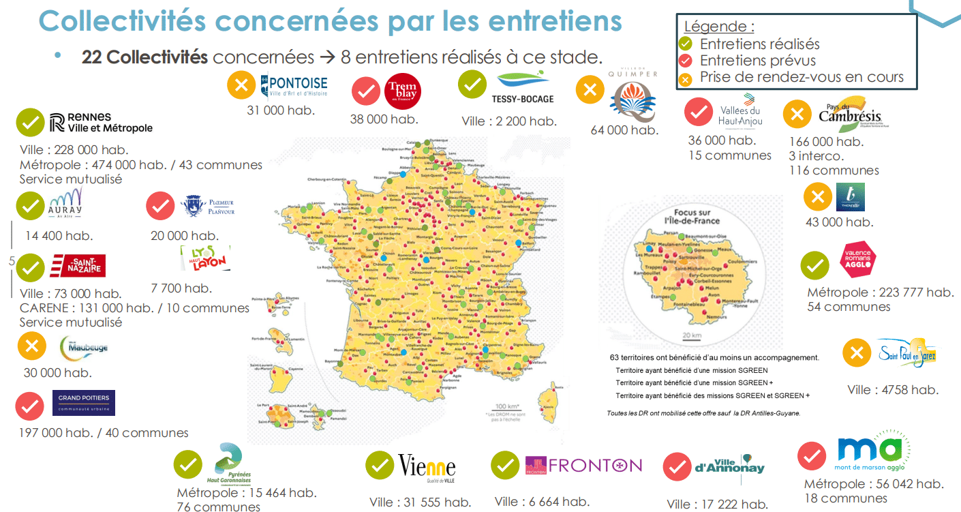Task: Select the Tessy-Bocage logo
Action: pyautogui.click(x=522, y=87)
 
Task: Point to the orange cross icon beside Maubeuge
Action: pyautogui.click(x=31, y=346)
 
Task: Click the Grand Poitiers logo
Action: pyautogui.click(x=84, y=402)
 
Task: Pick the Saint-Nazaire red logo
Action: pyautogui.click(x=78, y=266)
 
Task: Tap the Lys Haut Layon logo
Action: pyautogui.click(x=204, y=258)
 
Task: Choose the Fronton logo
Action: pyautogui.click(x=583, y=466)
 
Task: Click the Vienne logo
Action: pyautogui.click(x=427, y=467)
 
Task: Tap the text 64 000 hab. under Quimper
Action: pyautogui.click(x=624, y=130)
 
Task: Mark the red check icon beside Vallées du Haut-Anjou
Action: pyautogui.click(x=698, y=112)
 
